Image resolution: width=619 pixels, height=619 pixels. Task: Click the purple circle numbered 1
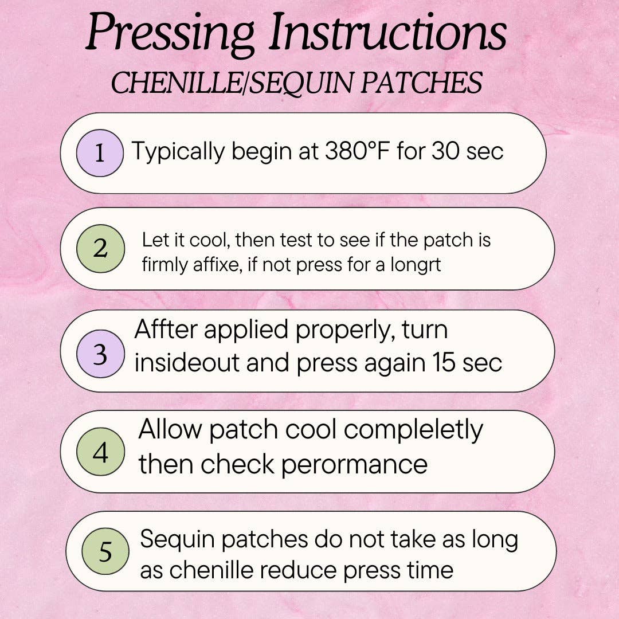click(x=100, y=153)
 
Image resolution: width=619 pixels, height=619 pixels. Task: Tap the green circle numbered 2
click(x=100, y=248)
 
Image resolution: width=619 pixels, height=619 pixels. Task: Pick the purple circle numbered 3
click(x=100, y=353)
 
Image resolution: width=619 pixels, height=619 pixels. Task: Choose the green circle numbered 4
click(x=100, y=451)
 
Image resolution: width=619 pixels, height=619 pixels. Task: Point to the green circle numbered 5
click(x=105, y=551)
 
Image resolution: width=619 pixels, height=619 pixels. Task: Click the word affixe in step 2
click(x=217, y=264)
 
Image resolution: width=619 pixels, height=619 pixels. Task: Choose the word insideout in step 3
click(x=187, y=362)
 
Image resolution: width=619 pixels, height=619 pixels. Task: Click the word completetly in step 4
click(x=413, y=430)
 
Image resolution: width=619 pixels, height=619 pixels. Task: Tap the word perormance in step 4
click(x=355, y=465)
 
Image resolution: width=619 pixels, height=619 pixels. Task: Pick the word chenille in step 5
click(x=211, y=570)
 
